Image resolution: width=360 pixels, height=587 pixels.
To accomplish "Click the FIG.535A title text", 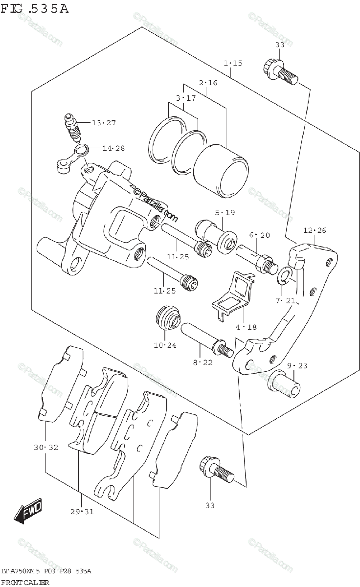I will (35, 9).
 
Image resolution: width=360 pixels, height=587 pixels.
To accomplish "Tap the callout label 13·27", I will (104, 123).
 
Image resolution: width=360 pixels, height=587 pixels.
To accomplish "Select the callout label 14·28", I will (113, 148).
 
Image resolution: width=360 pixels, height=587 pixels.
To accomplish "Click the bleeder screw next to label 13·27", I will (72, 127).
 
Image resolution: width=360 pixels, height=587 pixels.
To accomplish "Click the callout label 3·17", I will (185, 98).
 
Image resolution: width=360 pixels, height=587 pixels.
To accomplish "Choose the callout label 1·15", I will (233, 63).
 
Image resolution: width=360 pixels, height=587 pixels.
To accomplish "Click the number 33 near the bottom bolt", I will (209, 505).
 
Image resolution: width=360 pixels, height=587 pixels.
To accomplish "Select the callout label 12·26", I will (314, 230).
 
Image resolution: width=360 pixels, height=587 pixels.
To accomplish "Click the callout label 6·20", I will (259, 235).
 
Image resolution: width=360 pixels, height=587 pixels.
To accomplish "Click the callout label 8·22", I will (203, 362).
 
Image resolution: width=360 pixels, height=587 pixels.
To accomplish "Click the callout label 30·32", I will (46, 447).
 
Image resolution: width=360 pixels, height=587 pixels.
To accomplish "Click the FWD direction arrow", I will (28, 511).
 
